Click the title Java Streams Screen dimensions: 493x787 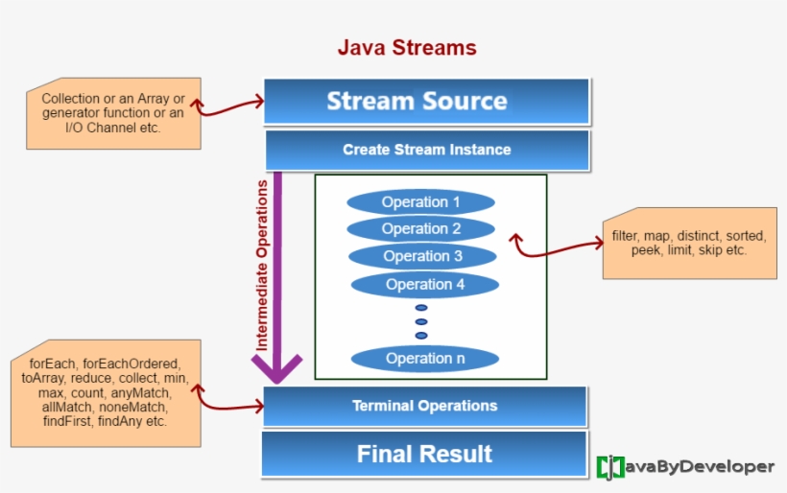(x=406, y=47)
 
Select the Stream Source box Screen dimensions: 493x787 (x=426, y=102)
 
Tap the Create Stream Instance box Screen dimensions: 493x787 (x=426, y=151)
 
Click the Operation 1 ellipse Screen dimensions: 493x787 (x=420, y=202)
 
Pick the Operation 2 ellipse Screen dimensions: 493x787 (x=420, y=229)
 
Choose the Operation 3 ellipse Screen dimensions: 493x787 (x=422, y=256)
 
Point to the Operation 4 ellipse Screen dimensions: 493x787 (x=425, y=285)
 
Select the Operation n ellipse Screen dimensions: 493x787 (x=424, y=359)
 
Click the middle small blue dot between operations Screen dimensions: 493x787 (x=420, y=321)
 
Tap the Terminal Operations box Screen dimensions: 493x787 (x=424, y=406)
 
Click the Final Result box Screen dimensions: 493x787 (x=424, y=454)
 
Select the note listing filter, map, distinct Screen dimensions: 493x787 (x=683, y=243)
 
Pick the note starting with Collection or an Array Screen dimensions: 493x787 (x=113, y=113)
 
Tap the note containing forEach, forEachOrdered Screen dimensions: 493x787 (x=106, y=393)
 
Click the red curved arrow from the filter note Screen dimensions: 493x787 (x=557, y=251)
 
